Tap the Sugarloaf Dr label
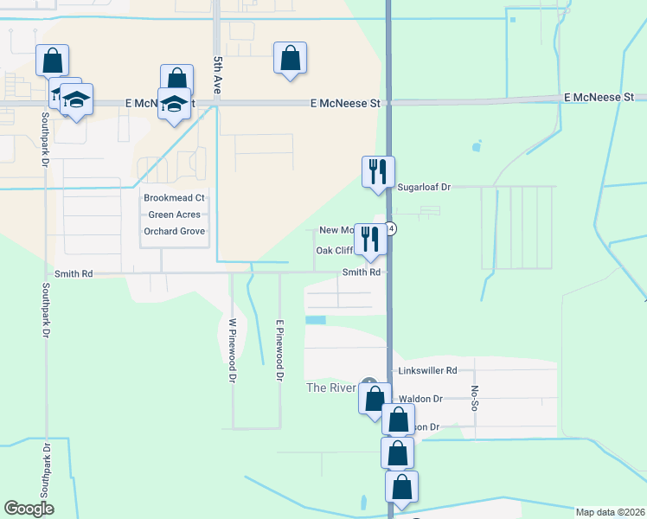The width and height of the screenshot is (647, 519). click(424, 187)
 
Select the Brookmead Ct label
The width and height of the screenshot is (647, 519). click(174, 198)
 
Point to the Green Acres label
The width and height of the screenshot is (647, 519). click(174, 215)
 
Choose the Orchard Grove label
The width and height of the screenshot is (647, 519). click(174, 231)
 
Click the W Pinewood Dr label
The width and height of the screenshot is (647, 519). click(233, 350)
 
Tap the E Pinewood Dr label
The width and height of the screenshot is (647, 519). click(279, 350)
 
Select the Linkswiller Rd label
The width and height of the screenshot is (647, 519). click(426, 370)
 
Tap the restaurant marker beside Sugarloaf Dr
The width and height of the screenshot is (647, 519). click(377, 170)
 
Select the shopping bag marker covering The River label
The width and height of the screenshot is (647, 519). click(374, 400)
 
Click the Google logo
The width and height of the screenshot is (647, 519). click(29, 509)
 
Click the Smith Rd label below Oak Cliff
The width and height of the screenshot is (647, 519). click(362, 272)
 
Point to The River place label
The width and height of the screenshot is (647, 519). click(331, 388)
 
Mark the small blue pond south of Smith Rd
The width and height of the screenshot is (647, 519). click(316, 320)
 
